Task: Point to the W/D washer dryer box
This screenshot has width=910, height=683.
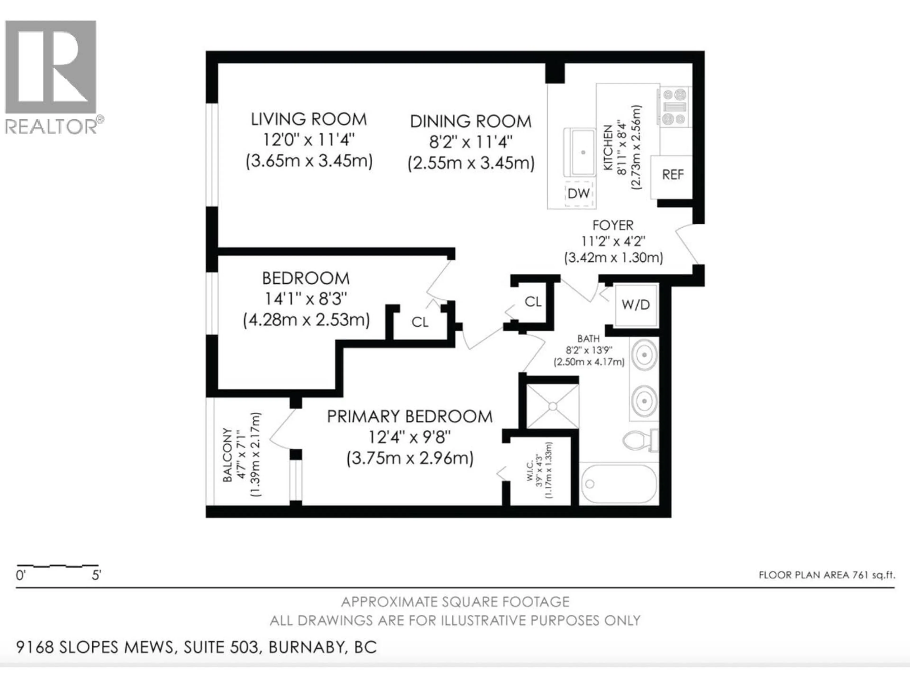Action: tap(636, 305)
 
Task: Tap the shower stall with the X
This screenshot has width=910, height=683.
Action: tap(552, 406)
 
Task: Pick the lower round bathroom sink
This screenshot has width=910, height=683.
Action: tap(644, 401)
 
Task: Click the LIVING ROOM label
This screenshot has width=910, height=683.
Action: tap(309, 119)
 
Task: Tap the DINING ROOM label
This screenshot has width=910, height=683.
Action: tap(471, 121)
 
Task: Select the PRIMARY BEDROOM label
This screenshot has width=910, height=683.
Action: tap(410, 417)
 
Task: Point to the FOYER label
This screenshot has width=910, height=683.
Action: tap(613, 225)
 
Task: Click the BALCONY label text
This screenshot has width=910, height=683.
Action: tap(227, 455)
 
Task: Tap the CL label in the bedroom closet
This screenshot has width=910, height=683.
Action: tap(420, 322)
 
